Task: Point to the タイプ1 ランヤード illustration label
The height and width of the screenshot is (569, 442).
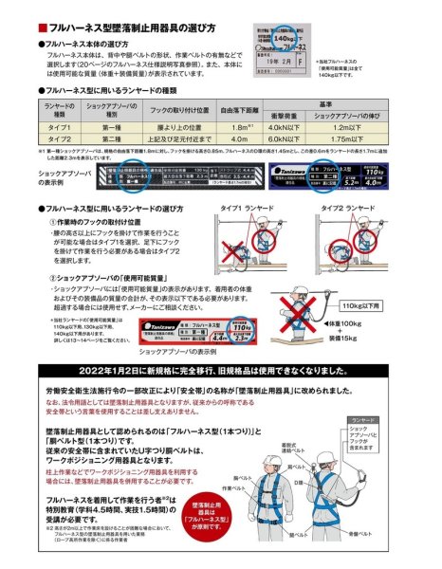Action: (249, 206)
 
